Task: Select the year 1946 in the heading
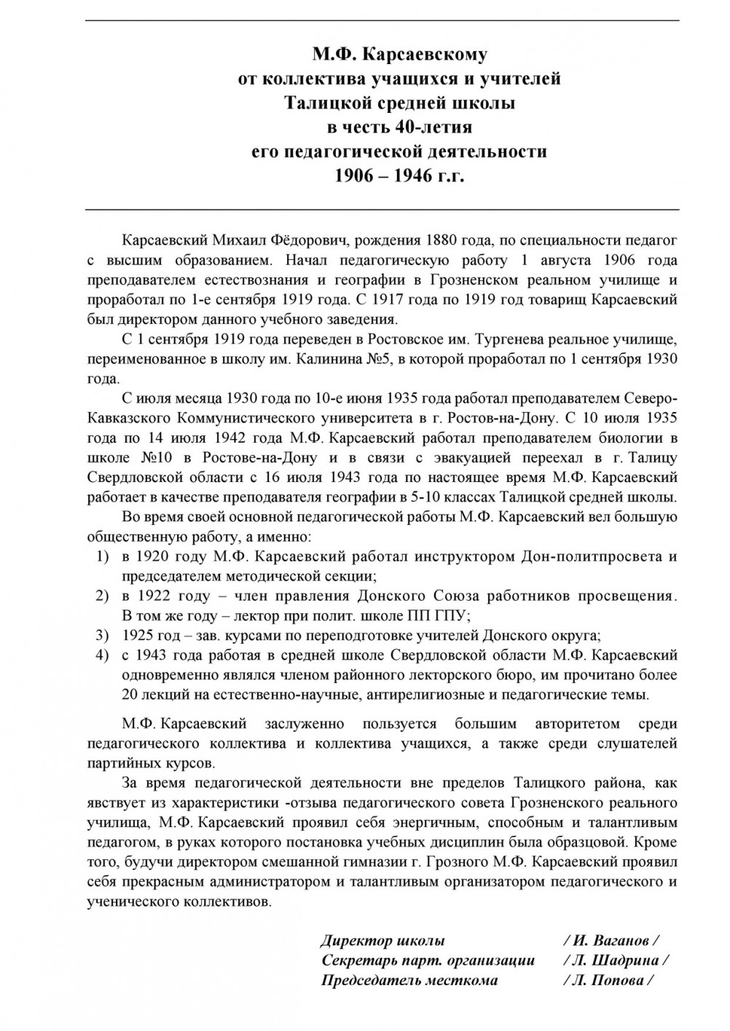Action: [x=418, y=176]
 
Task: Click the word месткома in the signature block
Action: [x=463, y=980]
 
